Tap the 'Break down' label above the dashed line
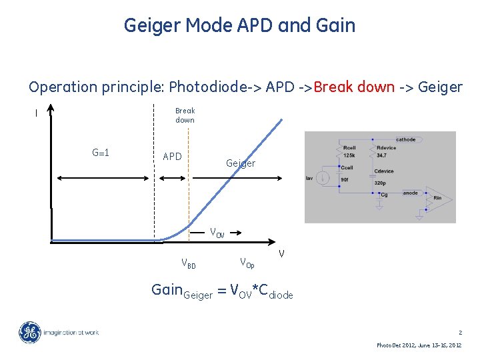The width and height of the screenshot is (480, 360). coord(185,115)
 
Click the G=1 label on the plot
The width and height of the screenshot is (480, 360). coord(101,153)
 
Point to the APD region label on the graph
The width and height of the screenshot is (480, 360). coord(172,157)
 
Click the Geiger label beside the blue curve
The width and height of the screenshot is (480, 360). coord(240,163)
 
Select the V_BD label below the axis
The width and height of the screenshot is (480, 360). coord(189,263)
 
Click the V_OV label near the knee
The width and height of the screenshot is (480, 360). coord(217,233)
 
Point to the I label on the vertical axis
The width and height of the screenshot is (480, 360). coord(36,113)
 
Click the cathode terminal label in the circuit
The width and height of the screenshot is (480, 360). coord(405,139)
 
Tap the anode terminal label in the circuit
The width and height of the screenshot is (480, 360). coord(411,193)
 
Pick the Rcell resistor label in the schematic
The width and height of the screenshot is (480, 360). coord(348,147)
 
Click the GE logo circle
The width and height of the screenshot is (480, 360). coord(29,333)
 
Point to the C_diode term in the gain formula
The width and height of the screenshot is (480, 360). coord(271,291)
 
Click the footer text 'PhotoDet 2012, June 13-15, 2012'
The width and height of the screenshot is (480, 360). coord(419,345)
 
